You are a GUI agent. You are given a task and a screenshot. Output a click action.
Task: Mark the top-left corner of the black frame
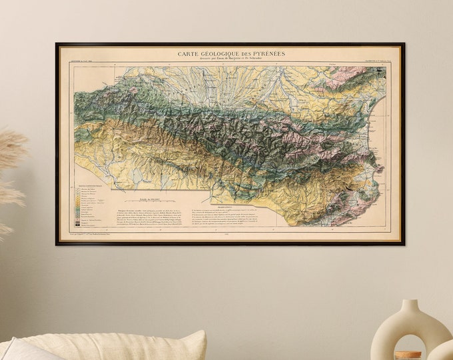pos(57,44)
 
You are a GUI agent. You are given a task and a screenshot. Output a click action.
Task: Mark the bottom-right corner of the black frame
pos(404,244)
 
